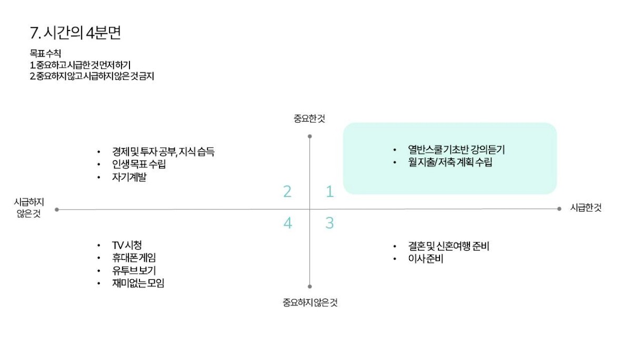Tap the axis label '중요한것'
(x=309, y=118)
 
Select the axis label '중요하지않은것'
(x=309, y=303)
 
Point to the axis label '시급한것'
(x=586, y=208)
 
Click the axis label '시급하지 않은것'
(x=29, y=208)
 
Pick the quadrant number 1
(x=329, y=192)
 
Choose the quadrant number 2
(x=287, y=192)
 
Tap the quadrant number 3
(x=329, y=223)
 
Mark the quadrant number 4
(x=287, y=223)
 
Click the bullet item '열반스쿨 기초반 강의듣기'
(x=456, y=149)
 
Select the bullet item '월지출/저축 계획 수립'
(x=449, y=162)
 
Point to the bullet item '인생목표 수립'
(x=139, y=164)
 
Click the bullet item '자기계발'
(x=129, y=177)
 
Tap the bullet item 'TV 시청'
(x=126, y=245)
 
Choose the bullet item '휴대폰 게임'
(x=134, y=258)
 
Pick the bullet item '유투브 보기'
(x=134, y=271)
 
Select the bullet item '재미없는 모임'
(x=138, y=284)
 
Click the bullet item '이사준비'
(x=425, y=259)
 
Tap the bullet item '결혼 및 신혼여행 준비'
(x=448, y=246)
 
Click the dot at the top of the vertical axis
(x=309, y=136)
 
